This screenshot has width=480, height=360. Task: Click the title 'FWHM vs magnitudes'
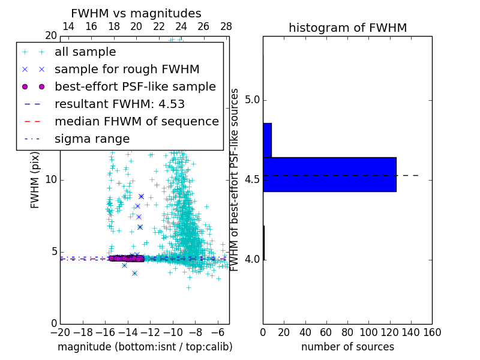[x=136, y=13]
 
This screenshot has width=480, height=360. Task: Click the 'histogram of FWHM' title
[x=347, y=28]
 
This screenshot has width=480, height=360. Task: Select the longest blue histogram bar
[x=329, y=175]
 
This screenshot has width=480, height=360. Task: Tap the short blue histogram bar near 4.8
[x=267, y=140]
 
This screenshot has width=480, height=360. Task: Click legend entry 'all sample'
[x=85, y=52]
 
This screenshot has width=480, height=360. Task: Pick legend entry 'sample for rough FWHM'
[x=127, y=69]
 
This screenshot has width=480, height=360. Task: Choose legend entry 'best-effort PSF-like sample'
[x=135, y=86]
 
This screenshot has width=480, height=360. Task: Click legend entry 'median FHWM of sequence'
[x=136, y=121]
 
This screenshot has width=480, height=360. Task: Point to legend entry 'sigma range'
[x=92, y=139]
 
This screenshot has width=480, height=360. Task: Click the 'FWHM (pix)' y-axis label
[x=35, y=180]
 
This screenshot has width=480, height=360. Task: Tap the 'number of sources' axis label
[x=347, y=347]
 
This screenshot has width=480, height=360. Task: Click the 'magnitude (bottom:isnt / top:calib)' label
[x=145, y=347]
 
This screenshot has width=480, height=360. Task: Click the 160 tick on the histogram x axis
[x=432, y=332]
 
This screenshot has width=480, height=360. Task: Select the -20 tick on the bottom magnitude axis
[x=60, y=332]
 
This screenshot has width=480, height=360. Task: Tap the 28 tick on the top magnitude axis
[x=226, y=26]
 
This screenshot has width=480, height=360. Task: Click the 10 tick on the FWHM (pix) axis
[x=50, y=180]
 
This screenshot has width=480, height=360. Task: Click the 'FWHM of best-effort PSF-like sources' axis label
[x=235, y=180]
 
